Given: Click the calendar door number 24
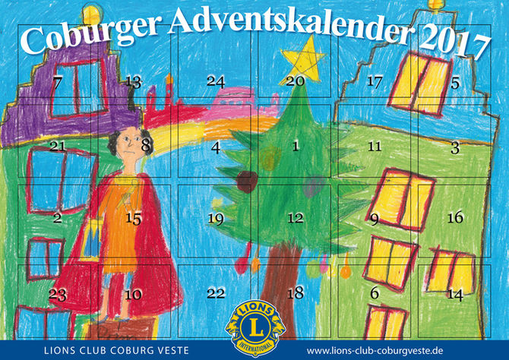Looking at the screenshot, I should (x=216, y=81).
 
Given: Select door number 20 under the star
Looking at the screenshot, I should (x=296, y=81).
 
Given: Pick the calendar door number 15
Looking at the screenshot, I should (x=134, y=219).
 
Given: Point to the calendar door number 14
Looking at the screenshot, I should (x=454, y=293).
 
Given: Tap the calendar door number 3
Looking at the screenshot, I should (x=454, y=149).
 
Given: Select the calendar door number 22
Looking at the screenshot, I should (x=216, y=292).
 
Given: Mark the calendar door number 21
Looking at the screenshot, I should (x=57, y=146).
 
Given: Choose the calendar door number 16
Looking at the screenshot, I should (x=454, y=219).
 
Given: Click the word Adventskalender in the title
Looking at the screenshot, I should (x=292, y=25).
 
